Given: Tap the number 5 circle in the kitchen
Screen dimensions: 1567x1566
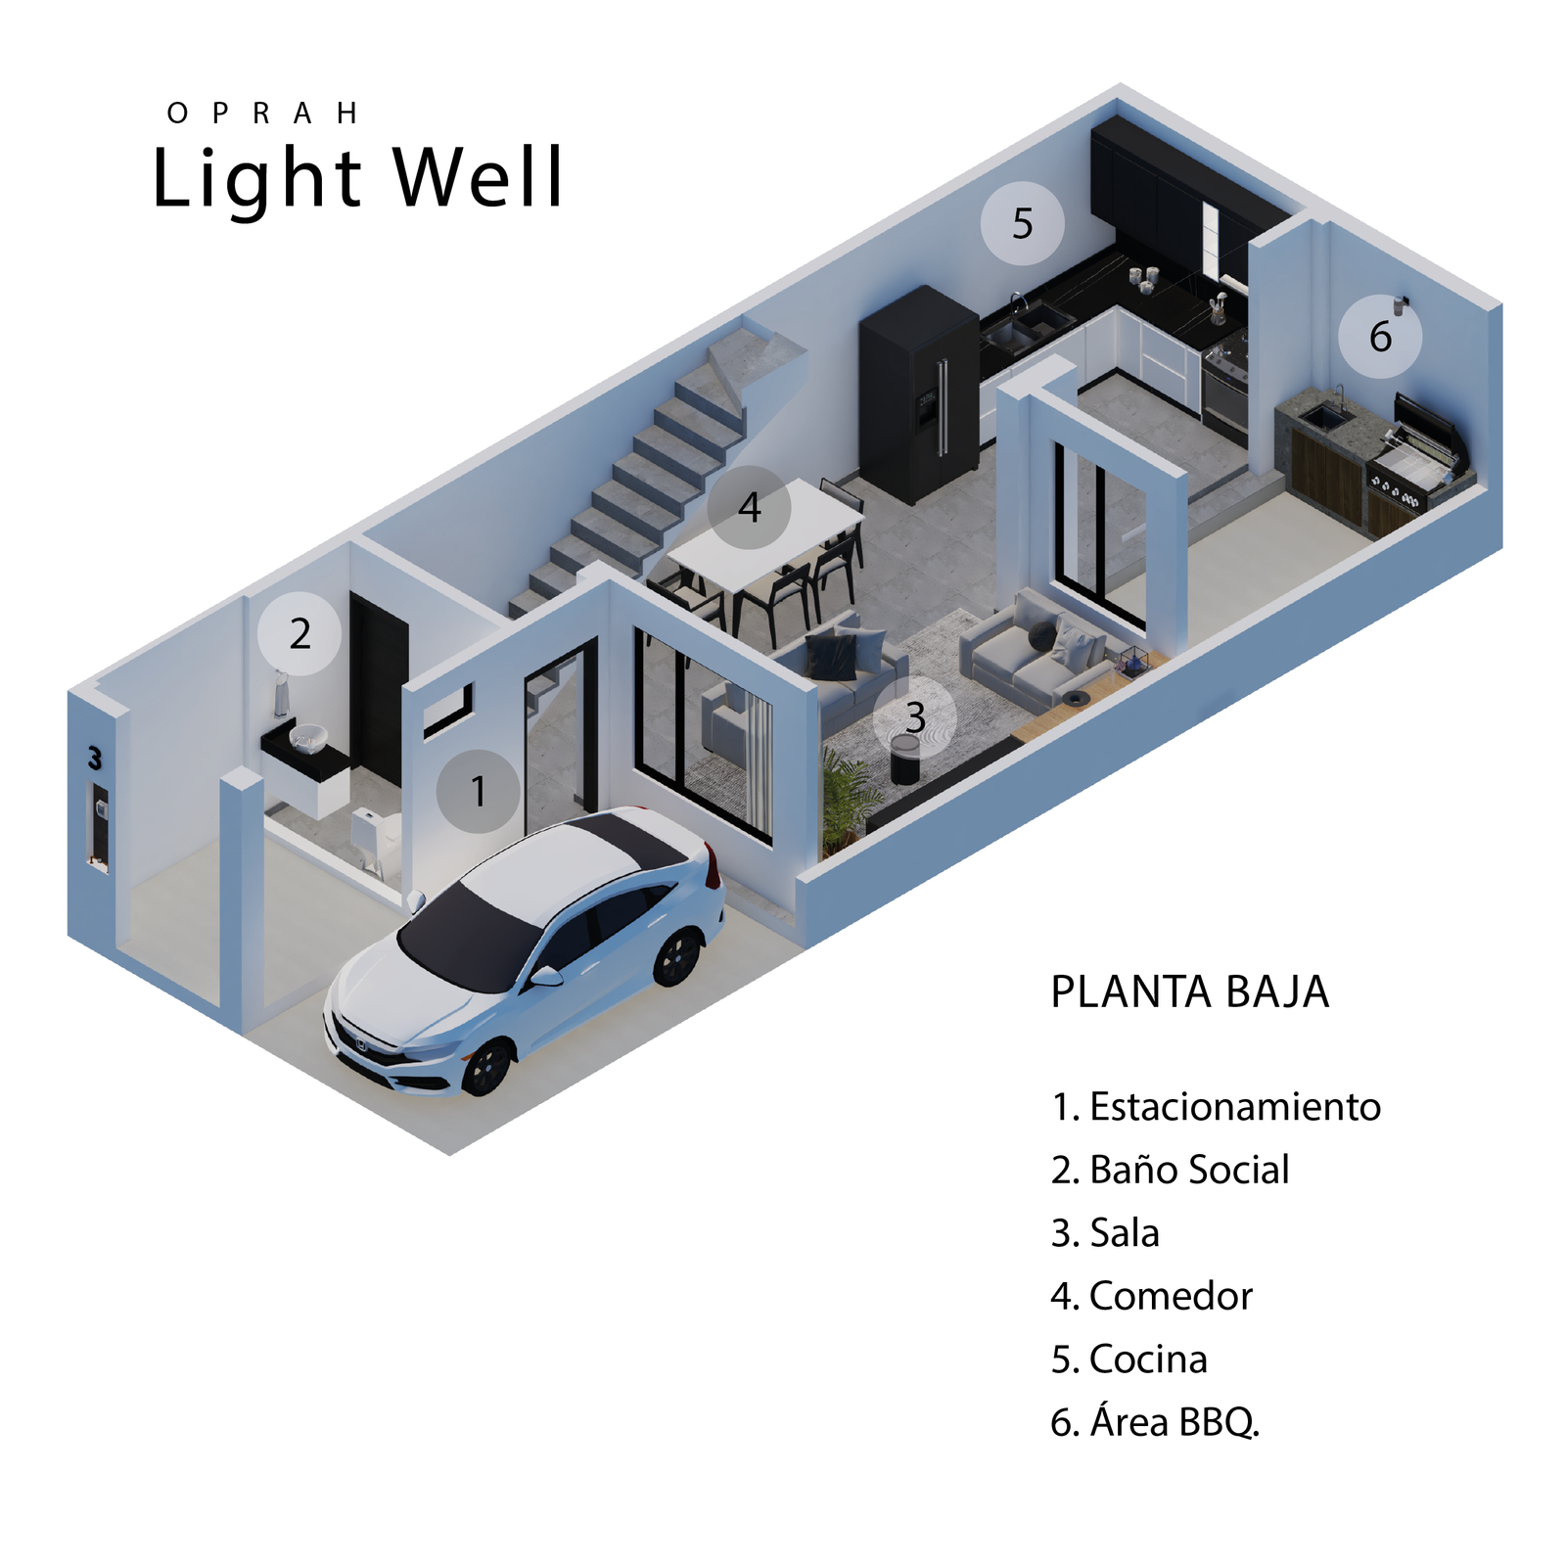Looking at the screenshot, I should pos(1022,223).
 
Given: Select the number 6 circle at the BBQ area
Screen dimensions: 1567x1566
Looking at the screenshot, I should pos(1380,336).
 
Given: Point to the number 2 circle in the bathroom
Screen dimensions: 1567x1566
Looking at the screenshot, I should pos(299,634).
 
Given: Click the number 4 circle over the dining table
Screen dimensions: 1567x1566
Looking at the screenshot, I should pos(749,507).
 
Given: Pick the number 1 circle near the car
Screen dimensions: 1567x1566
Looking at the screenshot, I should pos(478,791).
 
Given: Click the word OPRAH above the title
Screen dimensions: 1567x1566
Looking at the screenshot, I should pos(262,114).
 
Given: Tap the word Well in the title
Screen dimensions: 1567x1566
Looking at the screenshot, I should pos(479,178).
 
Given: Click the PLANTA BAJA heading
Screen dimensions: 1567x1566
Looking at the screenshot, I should pos(1189,991).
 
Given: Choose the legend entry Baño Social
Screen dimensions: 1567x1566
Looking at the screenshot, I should pos(1188,1170).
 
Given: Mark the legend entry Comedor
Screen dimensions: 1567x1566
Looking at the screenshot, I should pos(1170,1296).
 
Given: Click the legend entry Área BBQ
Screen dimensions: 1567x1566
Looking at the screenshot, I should pos(1173,1422).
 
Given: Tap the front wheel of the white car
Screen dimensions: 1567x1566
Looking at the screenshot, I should pos(486,1067).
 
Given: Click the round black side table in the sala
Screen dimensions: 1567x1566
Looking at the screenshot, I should pos(904,759).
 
